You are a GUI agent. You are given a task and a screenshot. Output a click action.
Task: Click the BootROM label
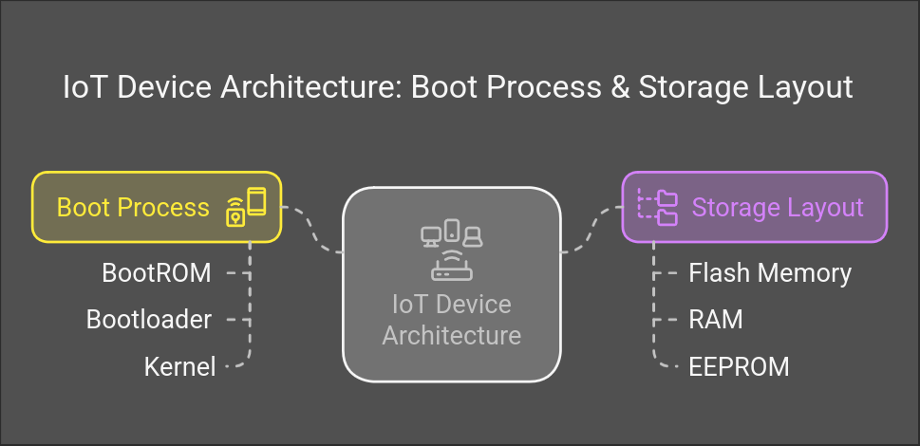(157, 273)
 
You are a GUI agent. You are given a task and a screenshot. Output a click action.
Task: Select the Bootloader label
(149, 320)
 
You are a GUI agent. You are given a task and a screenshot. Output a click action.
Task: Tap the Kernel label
(179, 366)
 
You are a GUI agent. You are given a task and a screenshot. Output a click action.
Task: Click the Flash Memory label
(770, 273)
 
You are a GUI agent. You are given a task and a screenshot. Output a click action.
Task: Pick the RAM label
(716, 320)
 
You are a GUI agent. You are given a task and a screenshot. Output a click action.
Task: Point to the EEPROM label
(739, 366)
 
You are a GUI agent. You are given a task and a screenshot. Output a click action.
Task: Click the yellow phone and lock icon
(246, 207)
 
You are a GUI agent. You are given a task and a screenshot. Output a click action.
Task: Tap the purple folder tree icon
(657, 207)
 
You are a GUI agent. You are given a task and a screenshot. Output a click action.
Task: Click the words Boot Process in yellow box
(133, 207)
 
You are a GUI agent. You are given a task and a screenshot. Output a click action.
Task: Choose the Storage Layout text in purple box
(778, 207)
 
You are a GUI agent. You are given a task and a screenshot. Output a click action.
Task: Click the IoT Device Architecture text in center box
(451, 320)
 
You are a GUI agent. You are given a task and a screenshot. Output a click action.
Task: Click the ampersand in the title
(616, 87)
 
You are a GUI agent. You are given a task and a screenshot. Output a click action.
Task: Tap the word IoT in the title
(84, 87)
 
